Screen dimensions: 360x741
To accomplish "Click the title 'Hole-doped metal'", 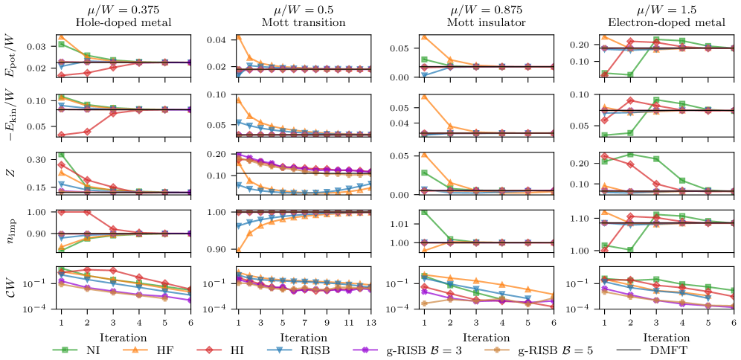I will coord(123,22).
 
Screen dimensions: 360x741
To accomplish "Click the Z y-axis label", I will coord(11,174).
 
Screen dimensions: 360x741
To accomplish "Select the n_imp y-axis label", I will coord(11,233).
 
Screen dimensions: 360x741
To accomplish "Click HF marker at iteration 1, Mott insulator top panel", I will coord(425,36).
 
